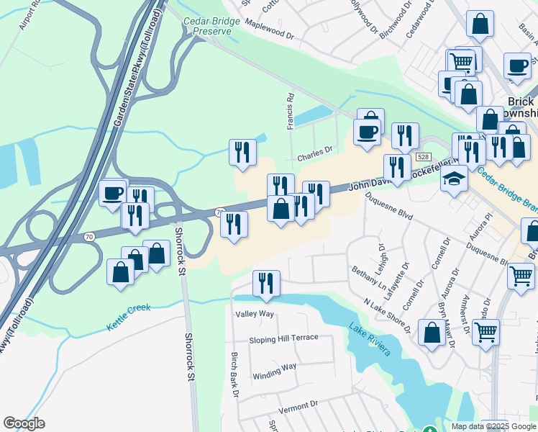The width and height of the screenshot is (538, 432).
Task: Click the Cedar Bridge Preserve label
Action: pyautogui.click(x=207, y=26)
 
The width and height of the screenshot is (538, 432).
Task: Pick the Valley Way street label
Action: pyautogui.click(x=255, y=314)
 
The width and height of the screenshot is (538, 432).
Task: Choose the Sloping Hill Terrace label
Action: pyautogui.click(x=283, y=338)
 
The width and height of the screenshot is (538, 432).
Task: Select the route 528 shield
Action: pyautogui.click(x=423, y=157)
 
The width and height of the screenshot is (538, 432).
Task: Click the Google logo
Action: pyautogui.click(x=24, y=423)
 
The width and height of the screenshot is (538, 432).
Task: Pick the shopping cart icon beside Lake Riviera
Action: pyautogui.click(x=486, y=332)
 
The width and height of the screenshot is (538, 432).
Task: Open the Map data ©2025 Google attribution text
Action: pyautogui.click(x=493, y=426)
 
